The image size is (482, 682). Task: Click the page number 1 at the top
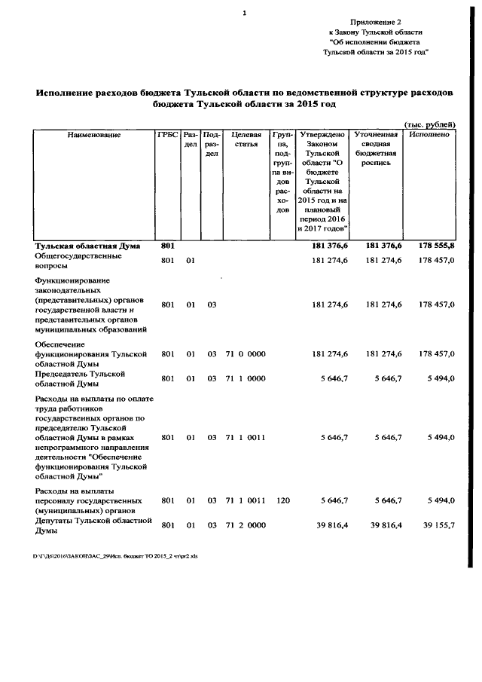click(x=245, y=13)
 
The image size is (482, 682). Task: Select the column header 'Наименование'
click(x=93, y=135)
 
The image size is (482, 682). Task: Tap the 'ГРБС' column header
click(x=168, y=135)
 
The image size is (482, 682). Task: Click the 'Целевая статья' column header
click(x=246, y=139)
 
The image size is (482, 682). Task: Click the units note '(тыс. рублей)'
click(x=429, y=124)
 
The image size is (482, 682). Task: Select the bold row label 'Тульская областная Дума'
click(x=81, y=246)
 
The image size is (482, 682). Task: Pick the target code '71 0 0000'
click(x=245, y=353)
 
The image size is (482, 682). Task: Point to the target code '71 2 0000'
click(x=245, y=525)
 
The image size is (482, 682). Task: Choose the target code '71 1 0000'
click(x=245, y=378)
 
